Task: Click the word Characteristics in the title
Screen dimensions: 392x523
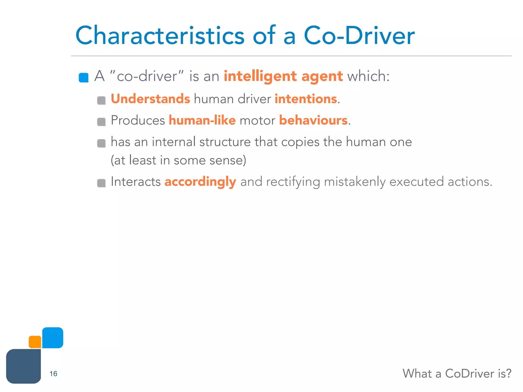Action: [x=160, y=36]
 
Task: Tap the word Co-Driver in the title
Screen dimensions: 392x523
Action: [x=359, y=36]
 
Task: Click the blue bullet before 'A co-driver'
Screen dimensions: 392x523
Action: [x=84, y=78]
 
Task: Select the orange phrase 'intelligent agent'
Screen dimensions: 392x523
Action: [x=283, y=76]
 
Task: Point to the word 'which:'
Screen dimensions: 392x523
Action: [x=368, y=76]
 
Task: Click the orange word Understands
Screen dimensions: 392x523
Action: [x=150, y=99]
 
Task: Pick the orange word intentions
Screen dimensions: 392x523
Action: [x=306, y=99]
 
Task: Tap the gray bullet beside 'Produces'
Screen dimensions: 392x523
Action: [x=101, y=122]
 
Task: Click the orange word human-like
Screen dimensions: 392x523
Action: [x=202, y=120]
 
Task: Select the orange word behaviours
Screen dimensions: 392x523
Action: [x=313, y=120]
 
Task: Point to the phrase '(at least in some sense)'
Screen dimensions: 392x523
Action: [x=179, y=160]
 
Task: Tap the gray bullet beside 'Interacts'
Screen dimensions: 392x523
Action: [x=101, y=183]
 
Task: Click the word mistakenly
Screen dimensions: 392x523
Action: [x=355, y=182]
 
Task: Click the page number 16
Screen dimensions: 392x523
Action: [x=53, y=374]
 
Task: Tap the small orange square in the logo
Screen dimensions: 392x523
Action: [x=35, y=342]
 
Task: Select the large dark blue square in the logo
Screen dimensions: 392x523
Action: [x=23, y=366]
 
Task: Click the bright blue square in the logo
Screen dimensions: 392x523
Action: [x=53, y=338]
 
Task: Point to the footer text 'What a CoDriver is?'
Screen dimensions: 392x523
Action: [x=457, y=374]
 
